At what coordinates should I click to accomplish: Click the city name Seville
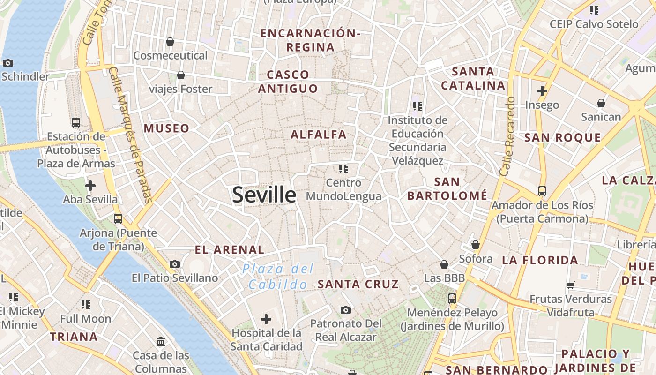264,195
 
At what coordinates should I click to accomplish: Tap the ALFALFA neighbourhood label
319,135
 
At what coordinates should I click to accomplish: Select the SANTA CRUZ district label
358,284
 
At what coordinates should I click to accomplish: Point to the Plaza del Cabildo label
278,277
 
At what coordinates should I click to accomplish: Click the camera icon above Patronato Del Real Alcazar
346,310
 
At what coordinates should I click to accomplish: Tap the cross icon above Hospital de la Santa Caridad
266,319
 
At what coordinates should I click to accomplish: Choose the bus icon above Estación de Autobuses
76,123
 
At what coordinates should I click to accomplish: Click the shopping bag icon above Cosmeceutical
170,42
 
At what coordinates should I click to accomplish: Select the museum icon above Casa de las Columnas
161,341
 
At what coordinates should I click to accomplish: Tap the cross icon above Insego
542,90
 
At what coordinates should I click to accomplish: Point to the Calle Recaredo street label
508,136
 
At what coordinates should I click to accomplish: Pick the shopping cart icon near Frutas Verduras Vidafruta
571,285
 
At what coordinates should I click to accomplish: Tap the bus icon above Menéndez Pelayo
452,298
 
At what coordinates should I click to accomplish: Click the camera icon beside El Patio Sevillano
175,264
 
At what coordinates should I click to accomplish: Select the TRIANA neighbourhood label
74,337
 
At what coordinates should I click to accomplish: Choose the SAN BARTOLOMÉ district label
447,188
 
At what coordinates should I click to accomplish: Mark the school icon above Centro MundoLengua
343,168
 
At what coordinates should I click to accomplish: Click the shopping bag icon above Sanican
601,103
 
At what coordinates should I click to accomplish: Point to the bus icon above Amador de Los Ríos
542,191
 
